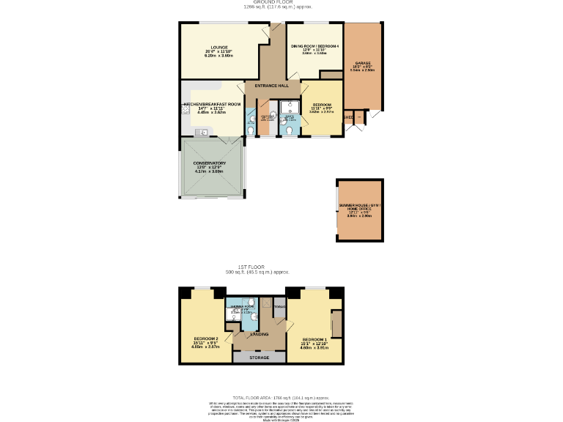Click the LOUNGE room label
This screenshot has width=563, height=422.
tap(218, 46)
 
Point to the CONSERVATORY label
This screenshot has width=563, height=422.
tap(209, 163)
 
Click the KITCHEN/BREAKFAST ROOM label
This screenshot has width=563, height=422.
tap(212, 104)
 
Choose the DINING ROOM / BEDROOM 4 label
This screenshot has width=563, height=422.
tap(315, 46)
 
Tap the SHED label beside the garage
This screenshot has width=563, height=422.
tap(349, 117)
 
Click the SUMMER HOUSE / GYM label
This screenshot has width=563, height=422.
tap(360, 205)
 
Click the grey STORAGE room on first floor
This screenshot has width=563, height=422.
tap(258, 358)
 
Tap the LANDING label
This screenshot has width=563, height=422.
tap(259, 334)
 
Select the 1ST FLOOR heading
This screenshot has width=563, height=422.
tap(251, 267)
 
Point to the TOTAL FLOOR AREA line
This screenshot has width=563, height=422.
tap(281, 396)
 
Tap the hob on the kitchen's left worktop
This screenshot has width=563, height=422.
tap(185, 110)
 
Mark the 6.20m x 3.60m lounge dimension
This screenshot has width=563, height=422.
tap(218, 55)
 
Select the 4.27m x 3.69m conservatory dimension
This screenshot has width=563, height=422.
tap(209, 171)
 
